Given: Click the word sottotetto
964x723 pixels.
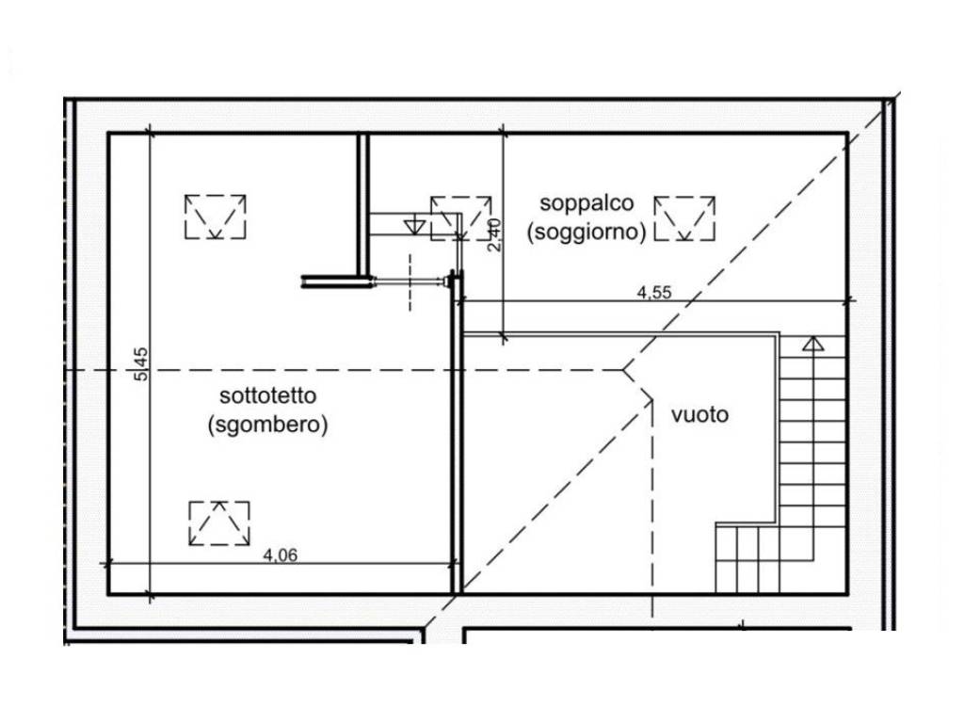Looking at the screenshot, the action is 268,395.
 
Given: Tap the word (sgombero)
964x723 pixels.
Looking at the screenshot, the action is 268,425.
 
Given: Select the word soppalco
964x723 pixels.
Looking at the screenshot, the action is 586,203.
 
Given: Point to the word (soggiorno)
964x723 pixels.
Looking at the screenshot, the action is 586,233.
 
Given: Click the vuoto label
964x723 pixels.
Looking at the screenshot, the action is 699,415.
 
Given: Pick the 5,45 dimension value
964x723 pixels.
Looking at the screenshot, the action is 141,364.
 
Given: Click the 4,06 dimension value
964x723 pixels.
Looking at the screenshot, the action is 281,555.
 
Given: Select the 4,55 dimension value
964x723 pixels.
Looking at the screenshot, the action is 654,293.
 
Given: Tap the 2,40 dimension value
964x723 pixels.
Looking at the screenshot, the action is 494,234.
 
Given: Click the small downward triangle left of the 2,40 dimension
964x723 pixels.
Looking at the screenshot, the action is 415,226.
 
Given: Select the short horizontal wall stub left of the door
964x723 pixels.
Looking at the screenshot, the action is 336,281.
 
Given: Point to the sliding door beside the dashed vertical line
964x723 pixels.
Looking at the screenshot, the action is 409,282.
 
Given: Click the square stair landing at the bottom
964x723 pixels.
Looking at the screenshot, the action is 747,558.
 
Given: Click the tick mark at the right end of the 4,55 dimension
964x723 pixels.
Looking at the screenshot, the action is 849,300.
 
